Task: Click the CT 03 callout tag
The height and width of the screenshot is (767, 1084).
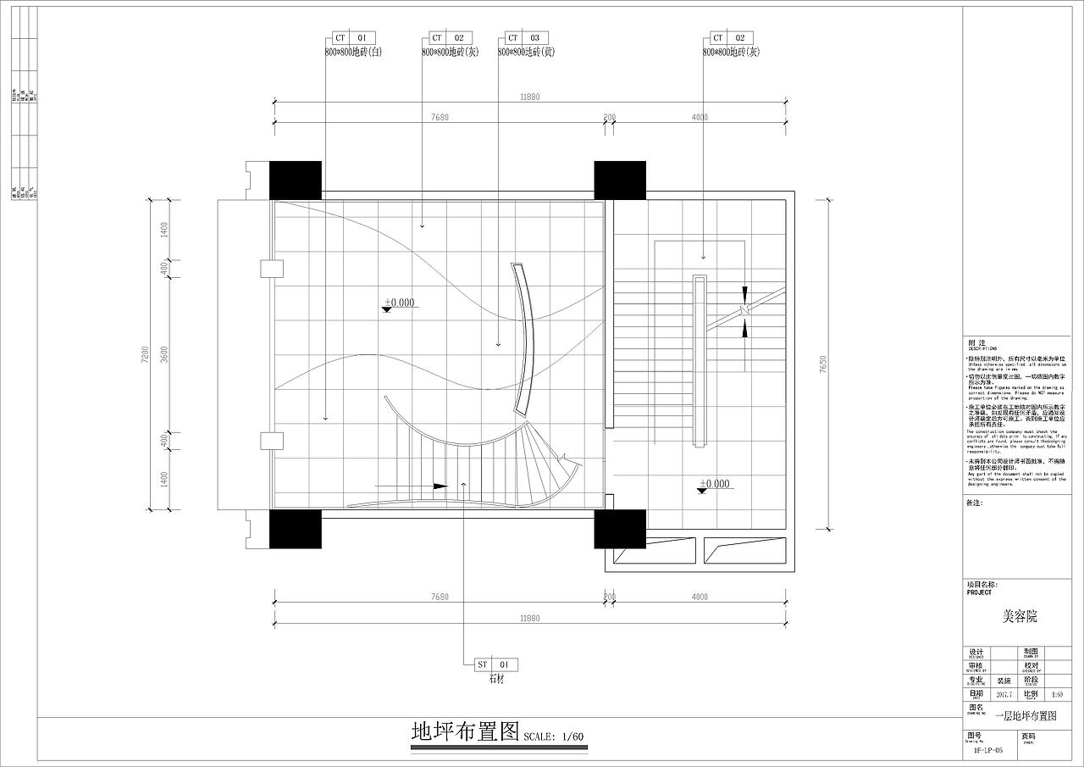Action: pyautogui.click(x=526, y=38)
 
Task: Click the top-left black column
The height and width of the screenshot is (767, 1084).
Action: pyautogui.click(x=296, y=180)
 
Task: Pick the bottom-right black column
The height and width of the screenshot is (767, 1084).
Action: pyautogui.click(x=620, y=529)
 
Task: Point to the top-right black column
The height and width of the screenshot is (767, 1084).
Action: pyautogui.click(x=620, y=180)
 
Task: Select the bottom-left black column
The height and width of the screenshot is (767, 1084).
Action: pyautogui.click(x=296, y=529)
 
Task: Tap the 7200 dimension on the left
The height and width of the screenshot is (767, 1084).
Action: pyautogui.click(x=146, y=355)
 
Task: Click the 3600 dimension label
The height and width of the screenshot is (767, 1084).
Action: pyautogui.click(x=165, y=355)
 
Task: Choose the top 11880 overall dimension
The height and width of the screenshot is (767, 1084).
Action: pyautogui.click(x=529, y=97)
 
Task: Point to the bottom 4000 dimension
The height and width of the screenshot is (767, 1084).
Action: pyautogui.click(x=700, y=597)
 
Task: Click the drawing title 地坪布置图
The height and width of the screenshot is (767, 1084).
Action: pyautogui.click(x=464, y=731)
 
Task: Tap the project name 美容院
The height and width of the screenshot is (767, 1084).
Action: pyautogui.click(x=1020, y=616)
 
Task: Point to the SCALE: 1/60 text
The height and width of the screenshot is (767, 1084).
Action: pyautogui.click(x=554, y=736)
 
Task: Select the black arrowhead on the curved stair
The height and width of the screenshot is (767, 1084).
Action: pyautogui.click(x=440, y=486)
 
